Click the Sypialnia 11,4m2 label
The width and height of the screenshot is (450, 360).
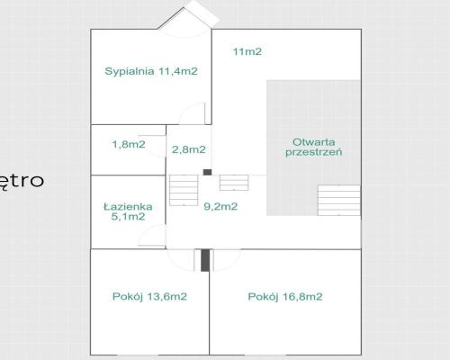point(151,71)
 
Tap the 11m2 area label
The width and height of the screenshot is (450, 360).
point(247,51)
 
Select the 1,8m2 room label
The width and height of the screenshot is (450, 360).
point(129,144)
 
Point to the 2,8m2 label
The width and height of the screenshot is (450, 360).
point(189,149)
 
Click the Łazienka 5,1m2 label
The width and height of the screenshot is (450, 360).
point(128,211)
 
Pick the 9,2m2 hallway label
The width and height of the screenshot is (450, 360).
point(220,206)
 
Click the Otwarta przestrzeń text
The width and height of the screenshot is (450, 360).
point(313,147)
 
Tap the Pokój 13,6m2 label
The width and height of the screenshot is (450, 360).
point(149,296)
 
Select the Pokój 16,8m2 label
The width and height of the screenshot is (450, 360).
point(285,296)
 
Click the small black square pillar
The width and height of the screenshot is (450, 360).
point(207,172)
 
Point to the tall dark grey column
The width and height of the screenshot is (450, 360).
point(205,260)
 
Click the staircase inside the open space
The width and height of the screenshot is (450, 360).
point(339,200)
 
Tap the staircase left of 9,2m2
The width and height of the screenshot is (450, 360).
point(184,190)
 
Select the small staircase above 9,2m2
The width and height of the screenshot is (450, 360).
point(234,183)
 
